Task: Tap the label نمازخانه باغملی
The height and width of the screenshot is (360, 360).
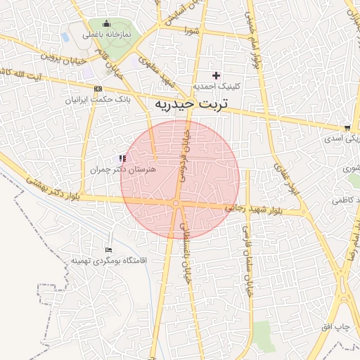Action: coord(103,34)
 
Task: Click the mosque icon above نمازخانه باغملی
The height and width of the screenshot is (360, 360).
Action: coord(107,24)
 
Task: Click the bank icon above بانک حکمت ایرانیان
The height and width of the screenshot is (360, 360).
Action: coord(98,89)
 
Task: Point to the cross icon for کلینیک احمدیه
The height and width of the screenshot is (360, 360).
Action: coord(216,75)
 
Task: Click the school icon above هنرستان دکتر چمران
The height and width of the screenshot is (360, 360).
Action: coord(122,158)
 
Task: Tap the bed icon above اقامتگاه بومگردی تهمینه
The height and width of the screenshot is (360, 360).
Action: coord(108,250)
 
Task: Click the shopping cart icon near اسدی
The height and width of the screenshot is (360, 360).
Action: coord(347,128)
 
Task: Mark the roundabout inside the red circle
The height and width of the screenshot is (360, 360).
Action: coord(176,204)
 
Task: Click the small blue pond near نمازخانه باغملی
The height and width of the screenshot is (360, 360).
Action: coord(65,35)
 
